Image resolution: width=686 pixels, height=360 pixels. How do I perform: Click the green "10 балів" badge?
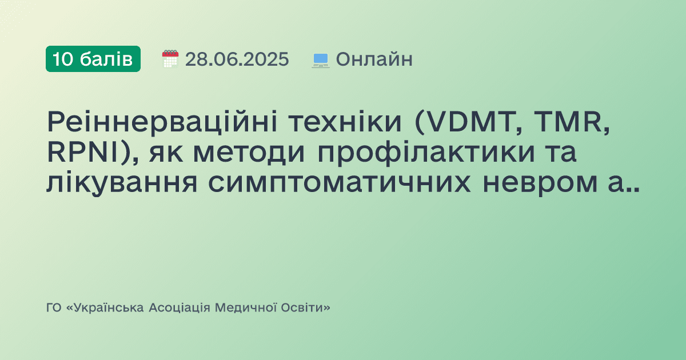[93, 59]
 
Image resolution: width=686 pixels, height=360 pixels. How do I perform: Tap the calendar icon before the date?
[170, 59]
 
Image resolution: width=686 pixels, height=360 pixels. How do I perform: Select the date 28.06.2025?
[237, 59]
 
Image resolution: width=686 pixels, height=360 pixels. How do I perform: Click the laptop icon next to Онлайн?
[321, 59]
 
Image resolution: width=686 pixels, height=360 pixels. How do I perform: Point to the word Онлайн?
[374, 59]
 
